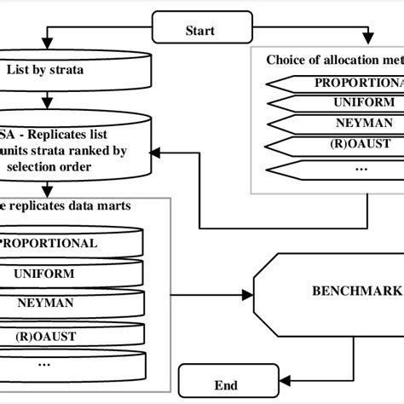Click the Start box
pos(201,31)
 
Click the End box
pos(226,385)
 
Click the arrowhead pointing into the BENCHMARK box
pos(248,294)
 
